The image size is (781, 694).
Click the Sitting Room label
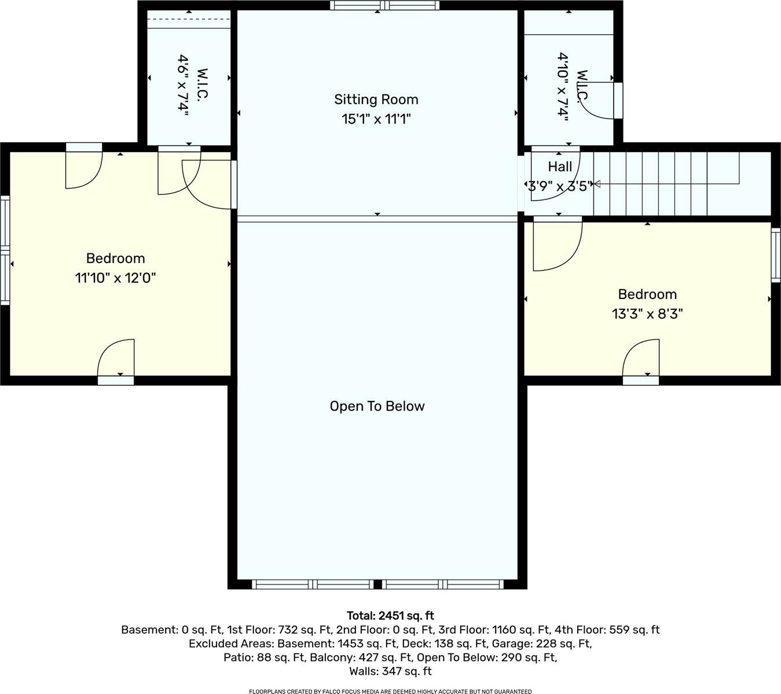(x=376, y=99)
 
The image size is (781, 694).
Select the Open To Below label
(x=377, y=406)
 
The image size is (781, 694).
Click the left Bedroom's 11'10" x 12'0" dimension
(x=115, y=278)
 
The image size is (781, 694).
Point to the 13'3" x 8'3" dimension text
(x=647, y=314)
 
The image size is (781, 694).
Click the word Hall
(x=560, y=167)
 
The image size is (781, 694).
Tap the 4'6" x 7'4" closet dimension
(x=183, y=86)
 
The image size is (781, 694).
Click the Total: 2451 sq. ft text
(x=390, y=615)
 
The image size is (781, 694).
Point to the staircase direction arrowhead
(x=597, y=184)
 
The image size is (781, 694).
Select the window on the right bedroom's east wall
(x=776, y=254)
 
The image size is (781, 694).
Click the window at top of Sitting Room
(x=384, y=6)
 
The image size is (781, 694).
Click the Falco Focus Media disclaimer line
(x=390, y=691)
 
